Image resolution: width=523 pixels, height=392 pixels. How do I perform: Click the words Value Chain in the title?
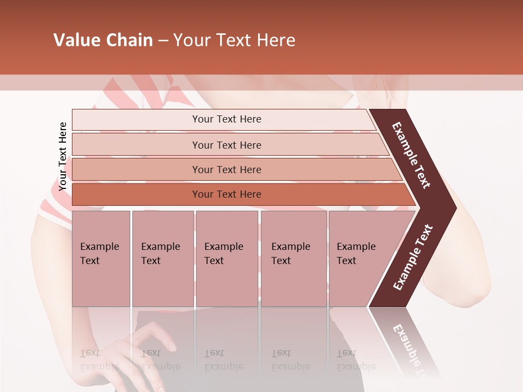[103, 40]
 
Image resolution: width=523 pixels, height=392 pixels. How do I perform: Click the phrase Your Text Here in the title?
[234, 40]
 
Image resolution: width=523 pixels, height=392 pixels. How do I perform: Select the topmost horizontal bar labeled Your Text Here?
[226, 119]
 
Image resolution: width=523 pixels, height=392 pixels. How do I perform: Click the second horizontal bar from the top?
[226, 145]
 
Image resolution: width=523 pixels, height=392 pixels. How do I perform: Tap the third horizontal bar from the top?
[226, 169]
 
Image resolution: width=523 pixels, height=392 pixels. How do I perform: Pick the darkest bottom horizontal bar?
[226, 194]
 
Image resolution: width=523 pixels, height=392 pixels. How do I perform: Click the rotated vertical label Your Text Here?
[63, 156]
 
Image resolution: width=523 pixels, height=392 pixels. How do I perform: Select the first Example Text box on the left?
[101, 258]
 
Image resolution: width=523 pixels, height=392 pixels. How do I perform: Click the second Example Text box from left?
[162, 258]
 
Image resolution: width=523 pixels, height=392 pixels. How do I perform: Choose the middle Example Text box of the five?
[227, 258]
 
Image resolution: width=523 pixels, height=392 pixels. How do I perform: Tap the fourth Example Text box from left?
[294, 258]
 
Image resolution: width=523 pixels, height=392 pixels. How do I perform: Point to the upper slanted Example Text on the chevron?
[412, 155]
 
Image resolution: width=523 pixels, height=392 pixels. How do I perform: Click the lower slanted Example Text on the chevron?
[413, 258]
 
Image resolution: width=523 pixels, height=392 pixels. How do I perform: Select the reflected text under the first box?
[98, 360]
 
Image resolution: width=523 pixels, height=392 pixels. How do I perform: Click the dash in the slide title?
[163, 41]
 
